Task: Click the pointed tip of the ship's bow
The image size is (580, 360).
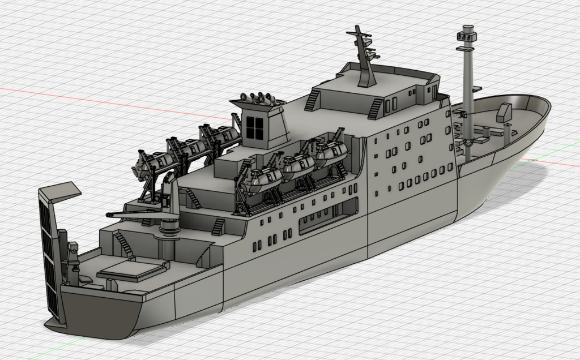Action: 549,104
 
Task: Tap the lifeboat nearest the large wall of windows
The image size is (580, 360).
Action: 332,152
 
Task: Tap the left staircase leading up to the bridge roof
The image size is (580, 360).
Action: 312,101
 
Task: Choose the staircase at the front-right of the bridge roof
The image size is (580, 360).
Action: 375,107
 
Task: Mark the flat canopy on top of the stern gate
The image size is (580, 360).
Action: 58,191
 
